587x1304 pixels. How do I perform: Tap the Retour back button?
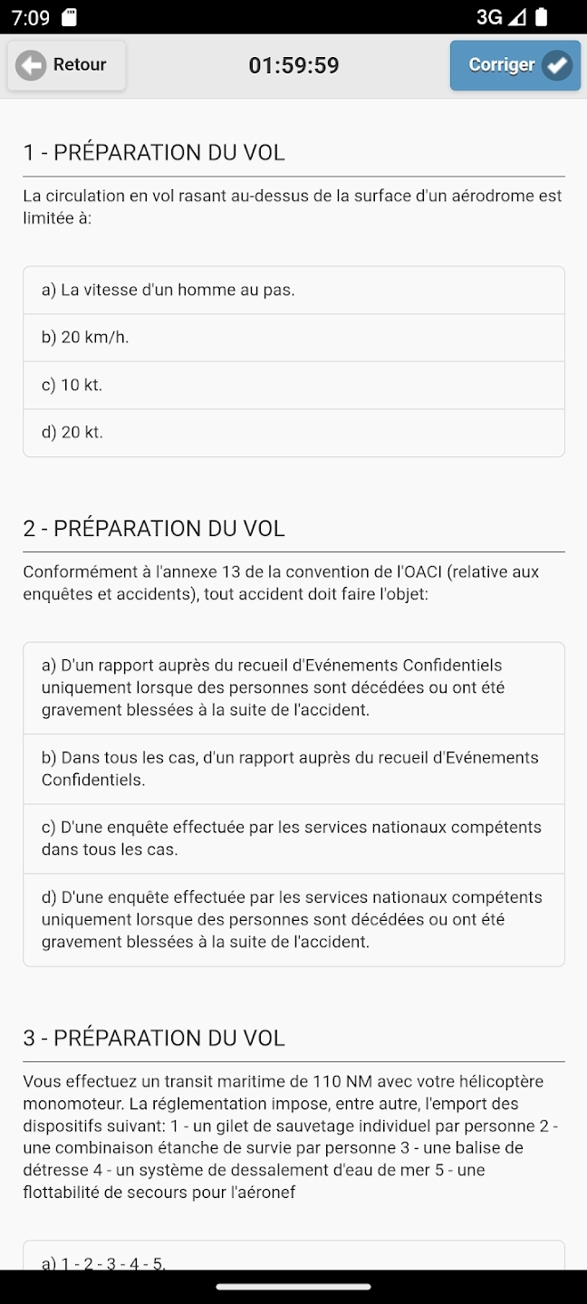click(x=66, y=65)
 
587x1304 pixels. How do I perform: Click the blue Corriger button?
click(x=515, y=65)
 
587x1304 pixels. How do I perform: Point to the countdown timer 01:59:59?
click(x=293, y=65)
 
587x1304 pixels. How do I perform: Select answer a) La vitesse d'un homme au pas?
click(x=293, y=291)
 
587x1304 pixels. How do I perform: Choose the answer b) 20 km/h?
click(x=293, y=338)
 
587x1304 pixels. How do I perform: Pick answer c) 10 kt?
click(x=293, y=385)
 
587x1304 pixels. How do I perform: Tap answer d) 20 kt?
click(x=293, y=433)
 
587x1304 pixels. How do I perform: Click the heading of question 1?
click(x=154, y=152)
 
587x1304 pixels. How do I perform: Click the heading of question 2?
click(x=154, y=529)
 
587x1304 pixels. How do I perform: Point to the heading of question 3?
click(x=154, y=1038)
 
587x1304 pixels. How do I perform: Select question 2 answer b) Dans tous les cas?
click(x=293, y=769)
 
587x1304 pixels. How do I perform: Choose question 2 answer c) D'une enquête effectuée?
click(x=293, y=839)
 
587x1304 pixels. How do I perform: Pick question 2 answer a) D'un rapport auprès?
click(x=293, y=688)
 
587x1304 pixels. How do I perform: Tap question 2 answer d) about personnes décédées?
click(x=293, y=920)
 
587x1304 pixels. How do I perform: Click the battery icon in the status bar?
click(x=542, y=17)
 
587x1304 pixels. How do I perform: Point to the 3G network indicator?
click(x=489, y=17)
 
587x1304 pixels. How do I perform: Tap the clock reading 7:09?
click(x=31, y=17)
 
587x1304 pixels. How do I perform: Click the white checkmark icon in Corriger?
click(x=557, y=65)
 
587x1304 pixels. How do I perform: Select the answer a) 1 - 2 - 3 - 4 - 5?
click(x=293, y=1261)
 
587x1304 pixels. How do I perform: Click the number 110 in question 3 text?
click(x=327, y=1081)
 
